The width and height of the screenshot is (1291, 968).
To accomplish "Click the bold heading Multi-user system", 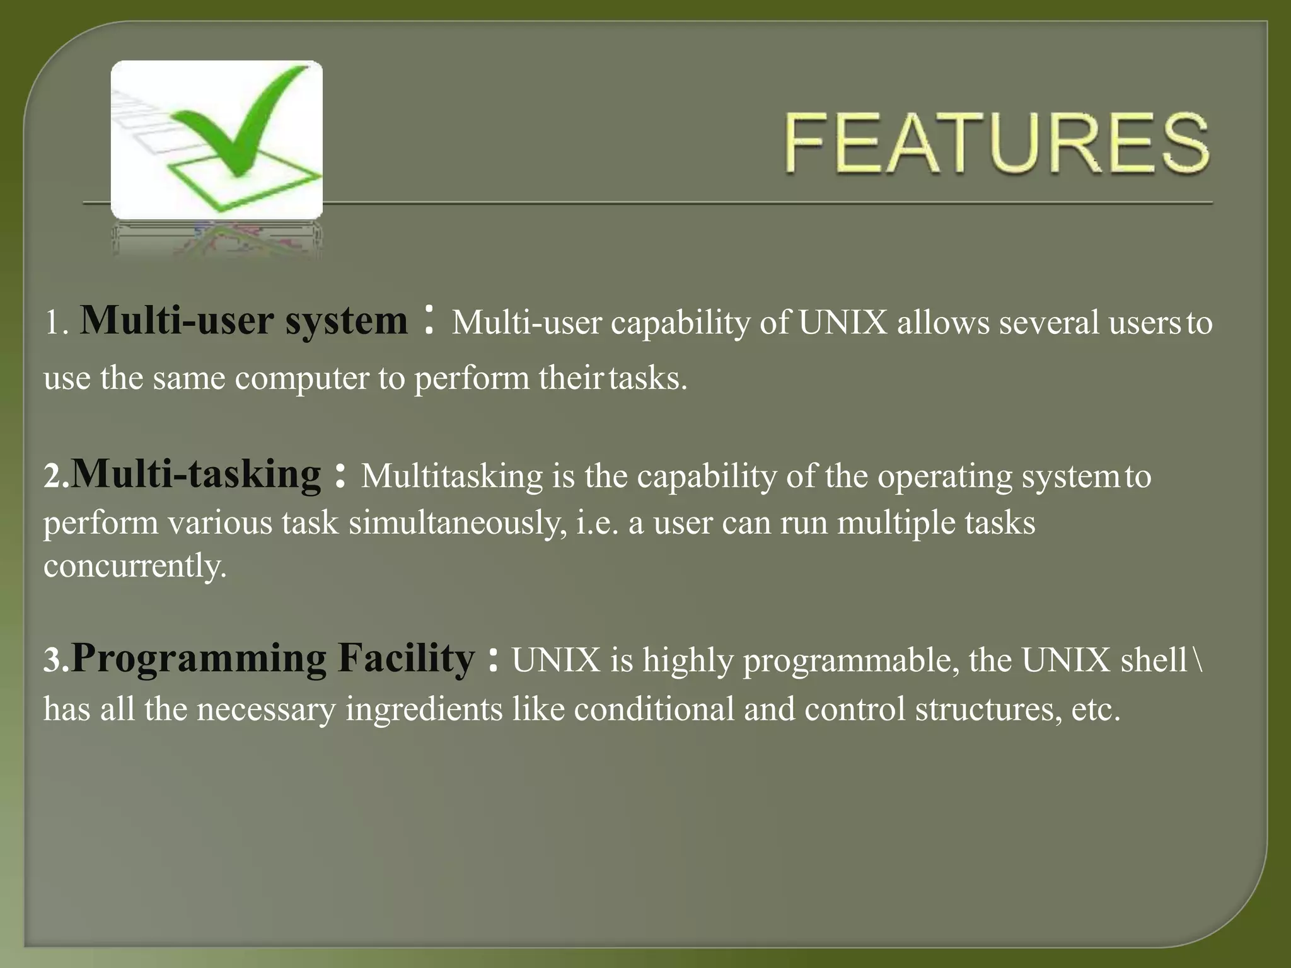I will click(245, 320).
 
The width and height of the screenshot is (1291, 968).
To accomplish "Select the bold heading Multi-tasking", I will click(195, 474).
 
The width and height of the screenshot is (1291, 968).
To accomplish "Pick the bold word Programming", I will click(199, 659).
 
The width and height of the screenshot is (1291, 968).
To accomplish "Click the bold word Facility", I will click(406, 658).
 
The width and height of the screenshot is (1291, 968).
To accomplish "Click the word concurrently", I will click(134, 565).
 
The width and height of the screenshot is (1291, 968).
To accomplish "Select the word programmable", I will click(851, 661).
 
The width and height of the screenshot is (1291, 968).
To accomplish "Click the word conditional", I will click(654, 708).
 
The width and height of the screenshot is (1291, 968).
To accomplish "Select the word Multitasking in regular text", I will click(451, 476).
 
